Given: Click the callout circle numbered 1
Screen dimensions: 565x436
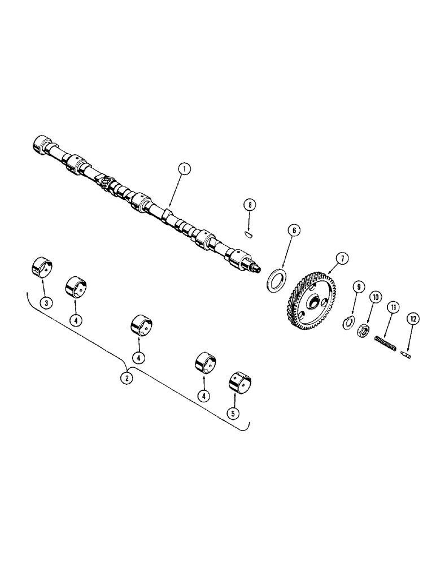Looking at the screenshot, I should (x=183, y=168).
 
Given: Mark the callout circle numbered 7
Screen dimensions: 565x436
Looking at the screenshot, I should (x=341, y=258).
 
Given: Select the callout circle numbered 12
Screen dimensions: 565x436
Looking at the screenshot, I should (x=413, y=319).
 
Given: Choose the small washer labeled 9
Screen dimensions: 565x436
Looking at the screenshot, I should (x=349, y=323).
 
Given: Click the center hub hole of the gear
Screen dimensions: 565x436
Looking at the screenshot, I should (x=310, y=304).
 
